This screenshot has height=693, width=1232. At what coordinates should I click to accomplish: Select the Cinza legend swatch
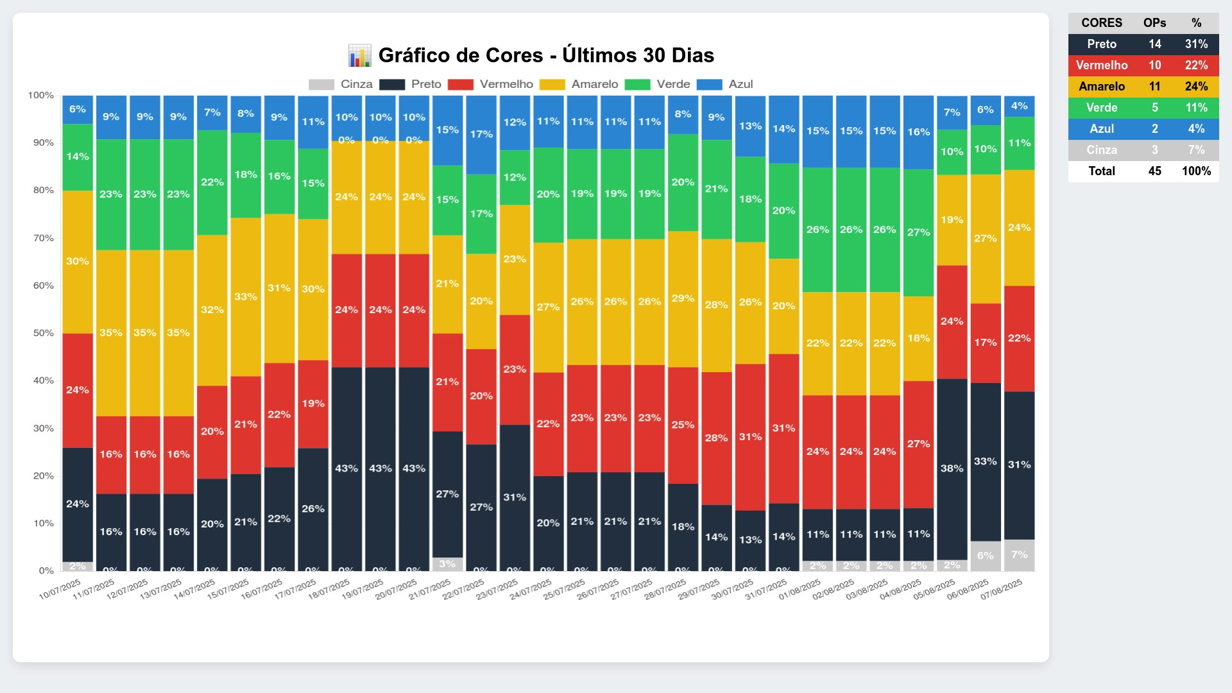[x=321, y=85]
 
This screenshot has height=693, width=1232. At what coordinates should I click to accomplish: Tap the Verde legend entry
[x=673, y=85]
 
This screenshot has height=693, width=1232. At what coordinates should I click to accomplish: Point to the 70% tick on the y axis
[x=44, y=238]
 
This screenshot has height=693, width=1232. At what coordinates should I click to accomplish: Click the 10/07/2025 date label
[x=60, y=589]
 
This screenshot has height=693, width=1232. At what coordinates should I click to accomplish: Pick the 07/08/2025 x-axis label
[x=1002, y=589]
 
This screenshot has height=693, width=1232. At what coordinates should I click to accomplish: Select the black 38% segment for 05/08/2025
[x=952, y=469]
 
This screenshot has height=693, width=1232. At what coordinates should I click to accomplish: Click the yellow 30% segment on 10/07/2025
[x=78, y=262]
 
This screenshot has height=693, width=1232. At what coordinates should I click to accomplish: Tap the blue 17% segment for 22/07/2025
[x=481, y=135]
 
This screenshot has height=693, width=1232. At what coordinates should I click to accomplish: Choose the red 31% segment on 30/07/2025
[x=750, y=437]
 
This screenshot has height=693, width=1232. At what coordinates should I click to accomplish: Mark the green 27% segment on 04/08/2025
[x=918, y=232]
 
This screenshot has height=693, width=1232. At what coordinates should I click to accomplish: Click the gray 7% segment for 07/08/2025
[x=1019, y=555]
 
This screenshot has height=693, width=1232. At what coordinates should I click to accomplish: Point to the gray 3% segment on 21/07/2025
[x=447, y=564]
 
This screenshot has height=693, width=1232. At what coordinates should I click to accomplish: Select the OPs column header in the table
[x=1154, y=23]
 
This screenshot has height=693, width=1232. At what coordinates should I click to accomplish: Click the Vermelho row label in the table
[x=1102, y=65]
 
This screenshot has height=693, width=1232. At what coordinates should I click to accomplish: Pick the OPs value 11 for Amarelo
[x=1154, y=87]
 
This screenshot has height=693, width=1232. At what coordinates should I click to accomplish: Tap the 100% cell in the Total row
[x=1196, y=171]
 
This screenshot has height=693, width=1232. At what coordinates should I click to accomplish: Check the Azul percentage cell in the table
[x=1196, y=129]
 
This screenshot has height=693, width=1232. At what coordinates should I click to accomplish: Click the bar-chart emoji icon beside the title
[x=359, y=56]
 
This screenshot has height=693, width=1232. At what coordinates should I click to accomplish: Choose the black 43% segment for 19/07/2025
[x=381, y=469]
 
